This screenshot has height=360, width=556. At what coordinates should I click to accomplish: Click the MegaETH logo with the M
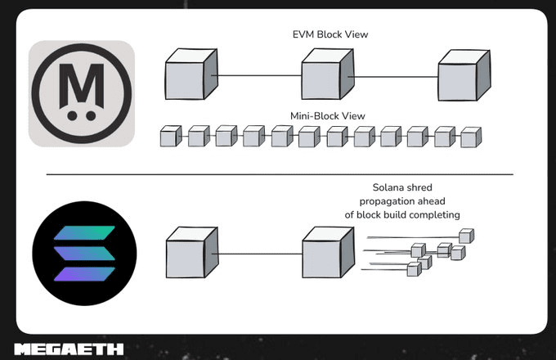[x=82, y=93]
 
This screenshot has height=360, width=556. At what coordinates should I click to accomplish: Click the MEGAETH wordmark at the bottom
[x=69, y=349]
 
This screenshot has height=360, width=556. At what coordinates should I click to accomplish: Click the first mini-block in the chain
[x=169, y=137]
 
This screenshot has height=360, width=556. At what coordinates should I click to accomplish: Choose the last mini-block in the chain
[x=469, y=137]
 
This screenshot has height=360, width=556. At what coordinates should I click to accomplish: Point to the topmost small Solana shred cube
[x=466, y=236]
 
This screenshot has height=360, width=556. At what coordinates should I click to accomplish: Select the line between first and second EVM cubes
[x=258, y=76]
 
